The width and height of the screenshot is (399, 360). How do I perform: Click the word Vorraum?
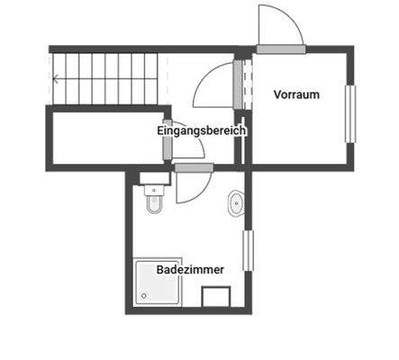coord(296,94)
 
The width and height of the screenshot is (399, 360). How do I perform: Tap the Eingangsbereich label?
coord(202,130)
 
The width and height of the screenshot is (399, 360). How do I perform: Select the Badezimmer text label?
coord(190,269)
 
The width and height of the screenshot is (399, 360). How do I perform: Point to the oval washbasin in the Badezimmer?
coord(236,203)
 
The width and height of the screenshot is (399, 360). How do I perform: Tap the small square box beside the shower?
coord(217,296)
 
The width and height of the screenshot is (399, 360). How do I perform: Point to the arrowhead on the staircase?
coord(59,78)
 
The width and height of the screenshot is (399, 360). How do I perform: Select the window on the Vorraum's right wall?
coord(350,112)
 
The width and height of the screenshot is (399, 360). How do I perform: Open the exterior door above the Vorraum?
coord(279,27)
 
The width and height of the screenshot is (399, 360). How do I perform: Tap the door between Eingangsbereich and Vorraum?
coord(239,85)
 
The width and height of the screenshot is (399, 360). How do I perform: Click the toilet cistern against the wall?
coord(151,189)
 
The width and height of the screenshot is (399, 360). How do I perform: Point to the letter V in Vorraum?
coord(277,94)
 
